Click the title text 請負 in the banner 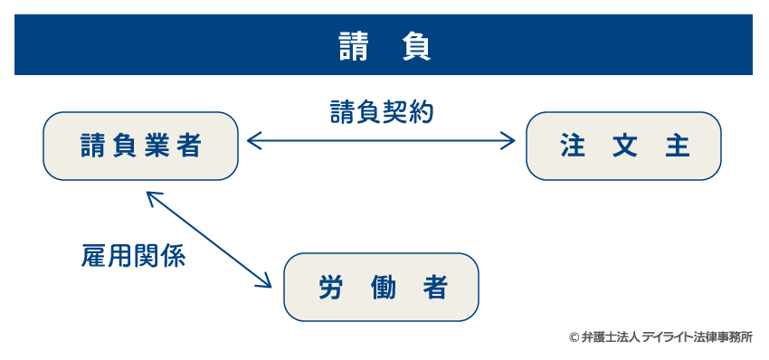pos(384,46)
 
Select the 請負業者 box pos(140,147)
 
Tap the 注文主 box pos(623,147)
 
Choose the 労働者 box pos(381,288)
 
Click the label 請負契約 pos(381,112)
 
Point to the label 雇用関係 pos(133,257)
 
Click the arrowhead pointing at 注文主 pos(508,139)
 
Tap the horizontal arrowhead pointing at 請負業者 pos(254,139)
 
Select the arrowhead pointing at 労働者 pos(264,280)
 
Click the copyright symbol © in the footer pos(574,337)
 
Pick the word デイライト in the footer pos(669,337)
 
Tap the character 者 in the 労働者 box pos(434,288)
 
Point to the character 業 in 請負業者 pos(157,147)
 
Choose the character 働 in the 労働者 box pos(382,288)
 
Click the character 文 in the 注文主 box pos(624,147)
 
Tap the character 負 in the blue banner pos(415,46)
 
